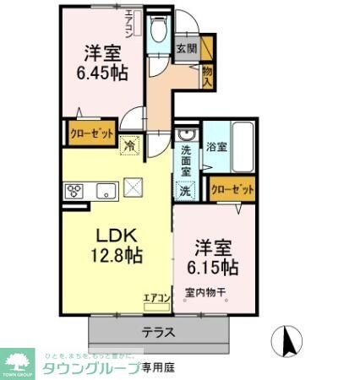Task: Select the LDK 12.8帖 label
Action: [117, 242]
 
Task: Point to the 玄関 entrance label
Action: [187, 49]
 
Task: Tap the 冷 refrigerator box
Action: [129, 144]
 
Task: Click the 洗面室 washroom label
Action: [185, 160]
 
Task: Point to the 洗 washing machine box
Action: [185, 191]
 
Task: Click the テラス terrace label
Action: [158, 332]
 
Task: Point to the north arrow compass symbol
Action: [286, 342]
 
